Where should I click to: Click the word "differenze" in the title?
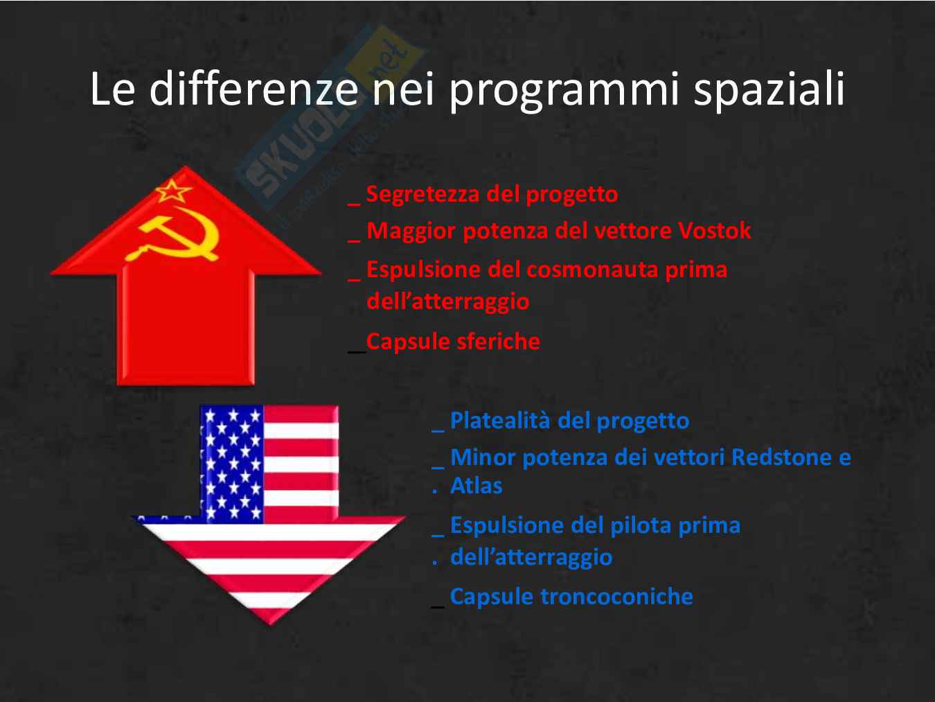coord(253,88)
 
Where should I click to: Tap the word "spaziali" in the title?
coord(769,89)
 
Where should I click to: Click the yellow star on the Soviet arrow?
coord(172,191)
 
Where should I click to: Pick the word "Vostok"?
coord(714,231)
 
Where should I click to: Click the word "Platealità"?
coord(500,420)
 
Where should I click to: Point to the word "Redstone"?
coord(781,457)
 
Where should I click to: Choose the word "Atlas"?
coord(477,486)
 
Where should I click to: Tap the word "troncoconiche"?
coord(616,596)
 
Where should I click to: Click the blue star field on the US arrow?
coord(232,464)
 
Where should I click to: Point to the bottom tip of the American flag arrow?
coord(270,625)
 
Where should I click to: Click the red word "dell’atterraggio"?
coord(447,302)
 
